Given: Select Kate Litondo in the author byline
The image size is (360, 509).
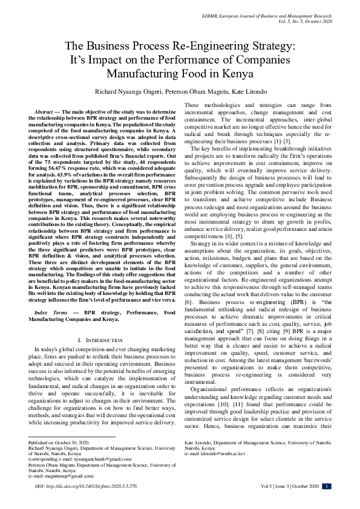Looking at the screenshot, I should point(249,92).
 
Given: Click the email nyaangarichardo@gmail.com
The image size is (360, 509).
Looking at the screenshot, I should point(89,442).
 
